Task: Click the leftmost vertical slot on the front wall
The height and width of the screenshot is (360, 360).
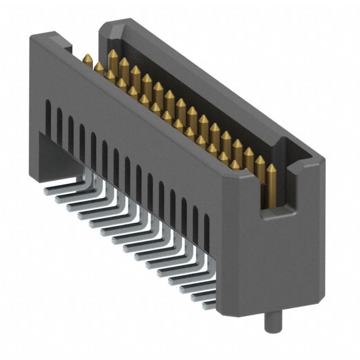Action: pos(48,115)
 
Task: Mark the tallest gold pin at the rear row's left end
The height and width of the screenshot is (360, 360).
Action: pos(113,55)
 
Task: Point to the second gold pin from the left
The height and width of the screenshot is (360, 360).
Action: pos(99,66)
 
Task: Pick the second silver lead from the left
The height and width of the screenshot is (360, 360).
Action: pos(62,197)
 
